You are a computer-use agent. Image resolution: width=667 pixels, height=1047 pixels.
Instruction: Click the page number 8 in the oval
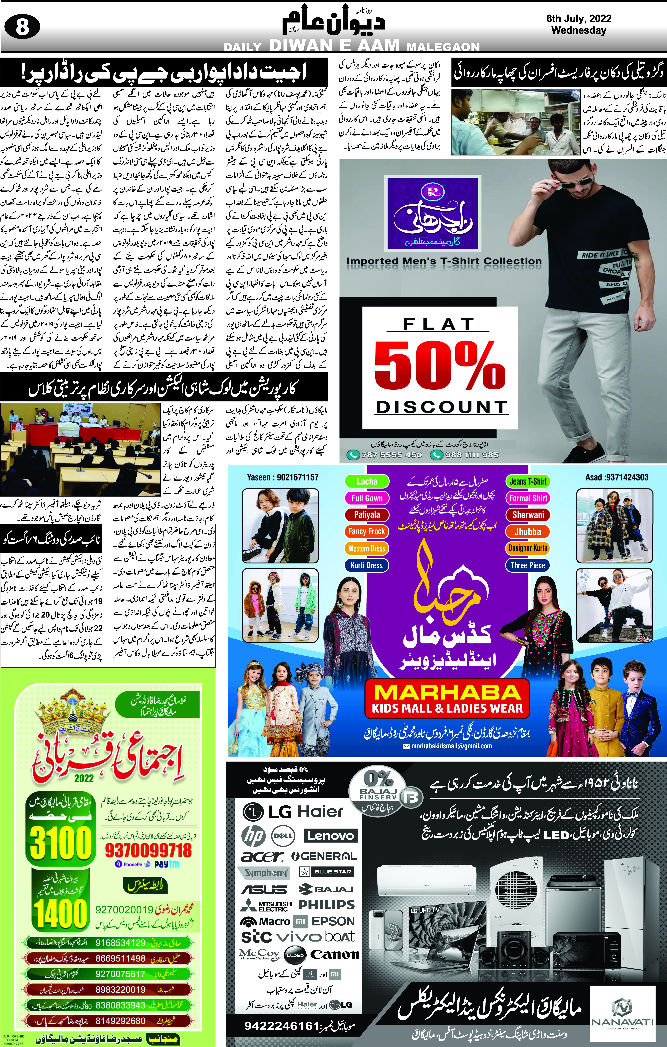click(x=22, y=27)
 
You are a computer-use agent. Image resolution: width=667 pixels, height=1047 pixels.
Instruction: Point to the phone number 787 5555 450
click(x=392, y=455)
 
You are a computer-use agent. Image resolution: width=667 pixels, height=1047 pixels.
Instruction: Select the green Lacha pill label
click(x=367, y=481)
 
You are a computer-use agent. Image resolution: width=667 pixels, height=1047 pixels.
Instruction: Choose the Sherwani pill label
click(x=528, y=515)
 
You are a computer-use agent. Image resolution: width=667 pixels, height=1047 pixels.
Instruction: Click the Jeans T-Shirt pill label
click(x=528, y=481)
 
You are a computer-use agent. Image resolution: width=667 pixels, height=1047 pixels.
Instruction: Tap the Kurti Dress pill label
click(x=367, y=565)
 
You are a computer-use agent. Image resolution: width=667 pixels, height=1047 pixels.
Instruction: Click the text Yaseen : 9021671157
click(x=282, y=477)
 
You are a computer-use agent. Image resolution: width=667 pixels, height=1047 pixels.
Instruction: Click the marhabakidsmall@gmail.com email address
click(x=451, y=746)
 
